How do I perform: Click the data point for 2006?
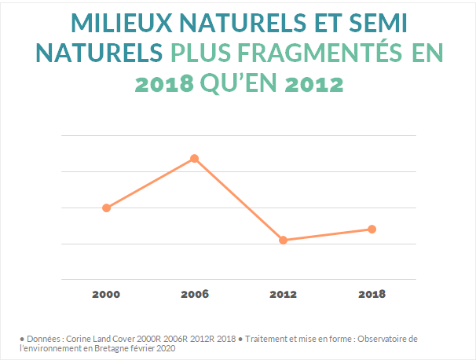(x=194, y=159)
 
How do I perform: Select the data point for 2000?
(x=106, y=208)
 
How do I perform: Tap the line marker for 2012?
(x=283, y=240)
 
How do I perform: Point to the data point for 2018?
(x=372, y=229)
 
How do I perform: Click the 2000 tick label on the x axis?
(x=106, y=295)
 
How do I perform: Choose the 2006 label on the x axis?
(x=194, y=295)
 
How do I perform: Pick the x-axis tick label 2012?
(x=283, y=295)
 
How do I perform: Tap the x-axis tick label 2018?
(x=372, y=295)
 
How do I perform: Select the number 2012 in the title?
(x=313, y=83)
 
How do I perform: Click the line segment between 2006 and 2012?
(x=239, y=200)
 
